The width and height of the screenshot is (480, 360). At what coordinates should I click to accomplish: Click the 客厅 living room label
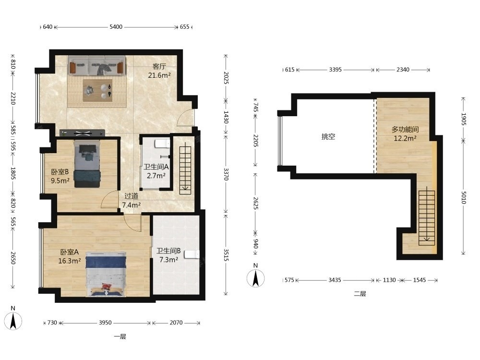click(x=159, y=66)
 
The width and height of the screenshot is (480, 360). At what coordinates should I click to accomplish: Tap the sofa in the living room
click(x=97, y=65)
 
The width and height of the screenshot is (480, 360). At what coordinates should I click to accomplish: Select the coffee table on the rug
click(x=97, y=90)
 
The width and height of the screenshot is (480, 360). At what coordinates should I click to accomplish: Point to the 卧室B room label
click(x=60, y=172)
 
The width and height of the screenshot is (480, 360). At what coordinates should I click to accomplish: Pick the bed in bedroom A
click(x=106, y=274)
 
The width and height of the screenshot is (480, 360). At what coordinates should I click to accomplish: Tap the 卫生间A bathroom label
click(x=156, y=167)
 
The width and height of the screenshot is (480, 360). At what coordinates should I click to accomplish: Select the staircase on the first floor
click(x=185, y=170)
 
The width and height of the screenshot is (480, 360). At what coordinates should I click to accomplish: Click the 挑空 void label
click(x=328, y=136)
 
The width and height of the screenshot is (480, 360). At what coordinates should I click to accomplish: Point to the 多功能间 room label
click(x=405, y=129)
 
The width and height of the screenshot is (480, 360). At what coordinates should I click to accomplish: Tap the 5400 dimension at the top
click(x=116, y=27)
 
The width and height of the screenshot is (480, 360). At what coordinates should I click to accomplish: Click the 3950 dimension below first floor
click(x=105, y=323)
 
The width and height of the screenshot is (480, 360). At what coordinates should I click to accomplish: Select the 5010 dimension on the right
click(x=464, y=197)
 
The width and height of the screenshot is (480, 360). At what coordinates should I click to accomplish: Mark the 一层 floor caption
click(x=120, y=337)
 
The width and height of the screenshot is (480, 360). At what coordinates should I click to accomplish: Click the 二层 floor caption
click(x=360, y=294)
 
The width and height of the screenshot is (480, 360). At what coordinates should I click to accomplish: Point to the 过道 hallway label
click(x=132, y=196)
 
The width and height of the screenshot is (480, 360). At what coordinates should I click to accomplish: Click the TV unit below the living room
click(x=82, y=133)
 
